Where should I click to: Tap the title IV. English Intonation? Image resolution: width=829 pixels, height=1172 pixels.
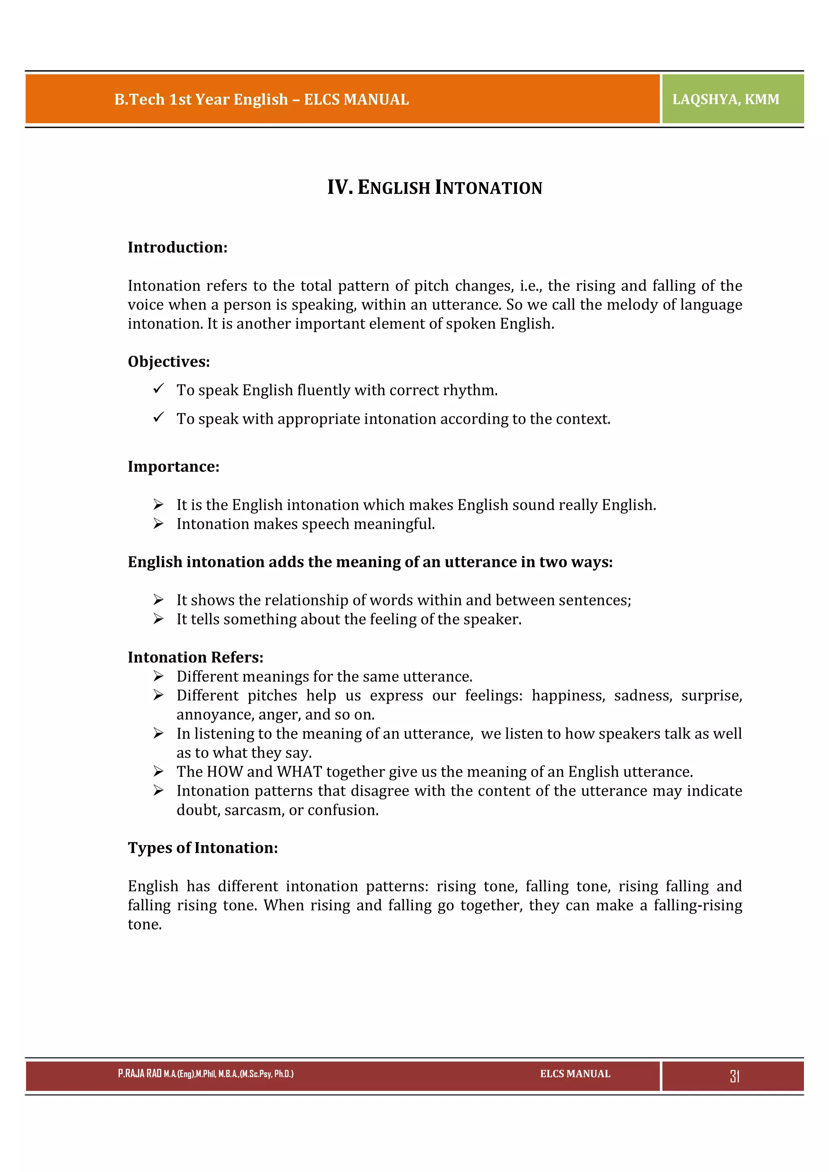434,187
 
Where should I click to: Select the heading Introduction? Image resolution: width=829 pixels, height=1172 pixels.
177,248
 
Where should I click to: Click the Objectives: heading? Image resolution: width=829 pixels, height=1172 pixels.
168,362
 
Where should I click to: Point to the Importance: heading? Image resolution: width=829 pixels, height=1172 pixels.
173,467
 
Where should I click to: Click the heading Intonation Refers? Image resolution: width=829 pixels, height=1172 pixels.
196,658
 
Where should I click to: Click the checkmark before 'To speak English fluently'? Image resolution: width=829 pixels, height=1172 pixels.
158,389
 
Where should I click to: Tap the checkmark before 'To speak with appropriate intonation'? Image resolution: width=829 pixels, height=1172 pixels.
158,418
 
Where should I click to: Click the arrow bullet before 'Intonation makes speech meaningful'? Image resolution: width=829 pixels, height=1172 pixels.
158,524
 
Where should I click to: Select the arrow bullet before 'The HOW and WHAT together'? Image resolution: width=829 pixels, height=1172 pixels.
158,771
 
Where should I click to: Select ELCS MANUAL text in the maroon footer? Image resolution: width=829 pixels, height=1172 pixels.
575,1074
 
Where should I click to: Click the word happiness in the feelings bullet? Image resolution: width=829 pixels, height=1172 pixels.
568,696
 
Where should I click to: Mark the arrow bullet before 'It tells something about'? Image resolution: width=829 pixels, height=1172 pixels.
158,619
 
